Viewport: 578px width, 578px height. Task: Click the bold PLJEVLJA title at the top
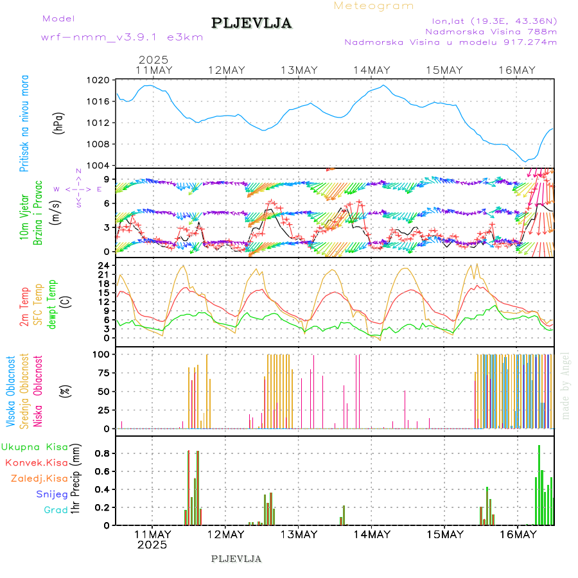[x=252, y=24]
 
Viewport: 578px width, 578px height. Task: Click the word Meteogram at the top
[x=374, y=6]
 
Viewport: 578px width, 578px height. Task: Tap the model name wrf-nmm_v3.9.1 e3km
[x=122, y=37]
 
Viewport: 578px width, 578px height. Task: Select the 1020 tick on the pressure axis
[x=100, y=81]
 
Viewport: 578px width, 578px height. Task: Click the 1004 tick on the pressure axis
[x=100, y=165]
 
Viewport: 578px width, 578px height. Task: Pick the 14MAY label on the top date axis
[x=372, y=70]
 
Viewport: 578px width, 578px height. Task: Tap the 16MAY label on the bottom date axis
[x=518, y=534]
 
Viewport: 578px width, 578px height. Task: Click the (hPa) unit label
[x=58, y=123]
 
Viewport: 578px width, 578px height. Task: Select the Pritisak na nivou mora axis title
[x=24, y=123]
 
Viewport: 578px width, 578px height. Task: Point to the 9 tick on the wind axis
[x=109, y=179]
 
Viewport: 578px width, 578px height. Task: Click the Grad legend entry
[x=56, y=510]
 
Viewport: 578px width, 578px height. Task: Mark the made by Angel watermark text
[x=566, y=385]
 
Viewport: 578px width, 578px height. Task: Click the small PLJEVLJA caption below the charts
[x=236, y=559]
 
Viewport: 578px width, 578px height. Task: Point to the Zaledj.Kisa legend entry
[x=39, y=478]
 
